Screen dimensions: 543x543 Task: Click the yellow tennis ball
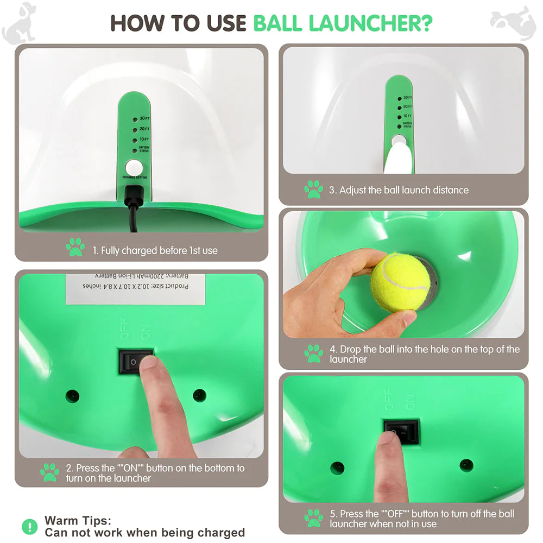coord(400,282)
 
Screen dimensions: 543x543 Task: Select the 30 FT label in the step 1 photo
coord(144,118)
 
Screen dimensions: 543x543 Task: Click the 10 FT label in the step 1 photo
coord(144,140)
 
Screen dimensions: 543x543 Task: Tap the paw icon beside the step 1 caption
coord(75,247)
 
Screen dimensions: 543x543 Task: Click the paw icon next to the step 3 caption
coord(313,190)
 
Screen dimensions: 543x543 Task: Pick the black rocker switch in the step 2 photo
coord(135,361)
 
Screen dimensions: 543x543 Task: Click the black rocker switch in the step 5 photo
coord(401,431)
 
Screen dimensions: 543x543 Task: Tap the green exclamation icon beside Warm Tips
coord(29,526)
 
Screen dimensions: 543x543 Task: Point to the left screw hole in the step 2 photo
coord(72,395)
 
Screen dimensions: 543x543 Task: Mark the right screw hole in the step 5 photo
coord(466,465)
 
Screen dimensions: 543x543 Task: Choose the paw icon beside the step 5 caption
coord(313,517)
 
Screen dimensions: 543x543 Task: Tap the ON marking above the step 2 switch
coord(145,332)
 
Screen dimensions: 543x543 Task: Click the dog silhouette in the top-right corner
coord(513,22)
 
